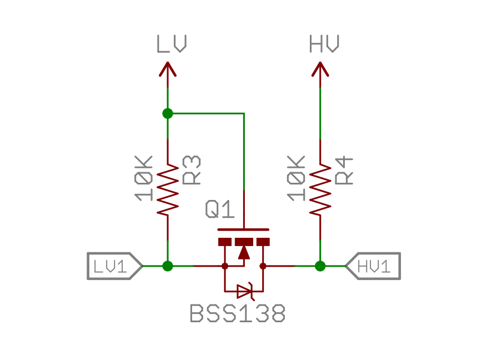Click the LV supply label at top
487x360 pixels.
[x=171, y=44]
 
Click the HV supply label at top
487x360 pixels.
[x=324, y=44]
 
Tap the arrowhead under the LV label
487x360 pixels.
[x=168, y=69]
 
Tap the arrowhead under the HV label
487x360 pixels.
[x=320, y=69]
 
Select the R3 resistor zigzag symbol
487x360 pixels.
[x=168, y=189]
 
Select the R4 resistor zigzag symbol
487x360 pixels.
[x=320, y=189]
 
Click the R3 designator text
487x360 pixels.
[x=192, y=170]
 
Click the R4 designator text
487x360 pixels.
[x=345, y=170]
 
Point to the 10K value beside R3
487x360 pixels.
[x=144, y=178]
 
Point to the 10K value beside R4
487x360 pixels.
[x=296, y=178]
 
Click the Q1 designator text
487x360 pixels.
[x=220, y=210]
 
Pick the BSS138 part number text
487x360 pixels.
[x=238, y=314]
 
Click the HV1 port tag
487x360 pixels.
[x=374, y=266]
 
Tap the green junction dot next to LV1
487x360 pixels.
[x=168, y=266]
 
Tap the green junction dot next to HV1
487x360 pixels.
[x=320, y=266]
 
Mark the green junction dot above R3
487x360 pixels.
[x=168, y=113]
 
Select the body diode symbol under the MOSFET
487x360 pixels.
[x=244, y=291]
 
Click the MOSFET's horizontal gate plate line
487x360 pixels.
[x=244, y=229]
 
